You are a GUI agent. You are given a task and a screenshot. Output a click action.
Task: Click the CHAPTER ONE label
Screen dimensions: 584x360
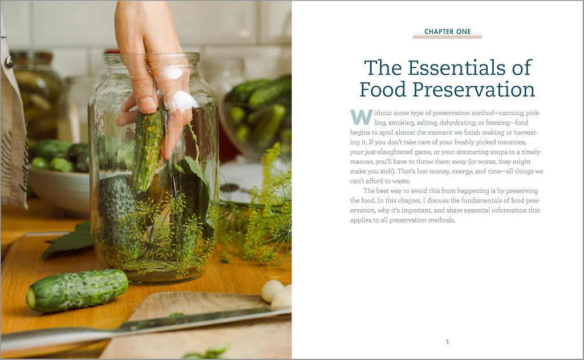click(447, 32)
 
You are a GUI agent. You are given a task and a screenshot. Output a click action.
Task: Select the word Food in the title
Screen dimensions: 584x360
click(383, 90)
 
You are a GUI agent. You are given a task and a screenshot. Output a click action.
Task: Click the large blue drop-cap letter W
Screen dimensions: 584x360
click(361, 117)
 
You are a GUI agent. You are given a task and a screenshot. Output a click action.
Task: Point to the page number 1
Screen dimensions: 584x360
click(447, 341)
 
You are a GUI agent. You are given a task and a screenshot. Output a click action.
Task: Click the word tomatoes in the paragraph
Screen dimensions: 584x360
click(512, 142)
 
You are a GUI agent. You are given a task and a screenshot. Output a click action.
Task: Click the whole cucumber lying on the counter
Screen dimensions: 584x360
click(77, 290)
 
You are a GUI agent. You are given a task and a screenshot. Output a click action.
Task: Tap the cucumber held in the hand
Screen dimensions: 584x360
click(148, 149)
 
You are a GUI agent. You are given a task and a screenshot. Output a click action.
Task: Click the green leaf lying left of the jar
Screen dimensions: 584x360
click(68, 242)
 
